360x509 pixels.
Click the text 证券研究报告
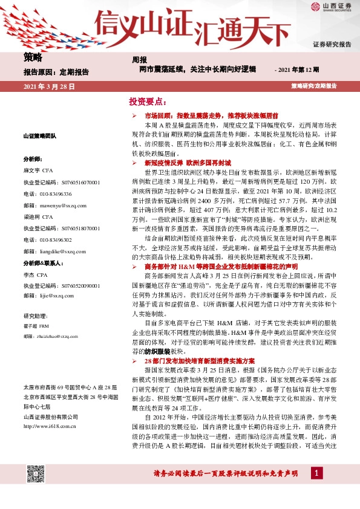click(332, 45)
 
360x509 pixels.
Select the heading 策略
click(33, 57)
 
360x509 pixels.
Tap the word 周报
click(139, 60)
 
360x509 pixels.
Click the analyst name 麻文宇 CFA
click(39, 170)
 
